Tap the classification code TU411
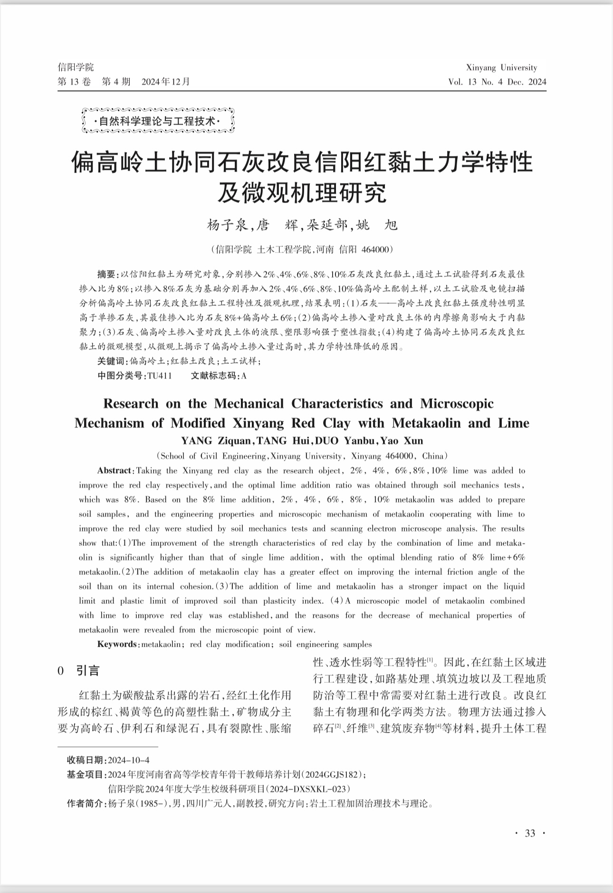(x=159, y=376)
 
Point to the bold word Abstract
(x=115, y=471)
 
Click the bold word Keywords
(x=117, y=644)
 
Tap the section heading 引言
(x=88, y=671)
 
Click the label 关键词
(x=112, y=361)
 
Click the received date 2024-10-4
(x=129, y=760)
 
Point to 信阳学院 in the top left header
(x=76, y=67)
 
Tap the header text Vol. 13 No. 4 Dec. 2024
(x=497, y=82)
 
